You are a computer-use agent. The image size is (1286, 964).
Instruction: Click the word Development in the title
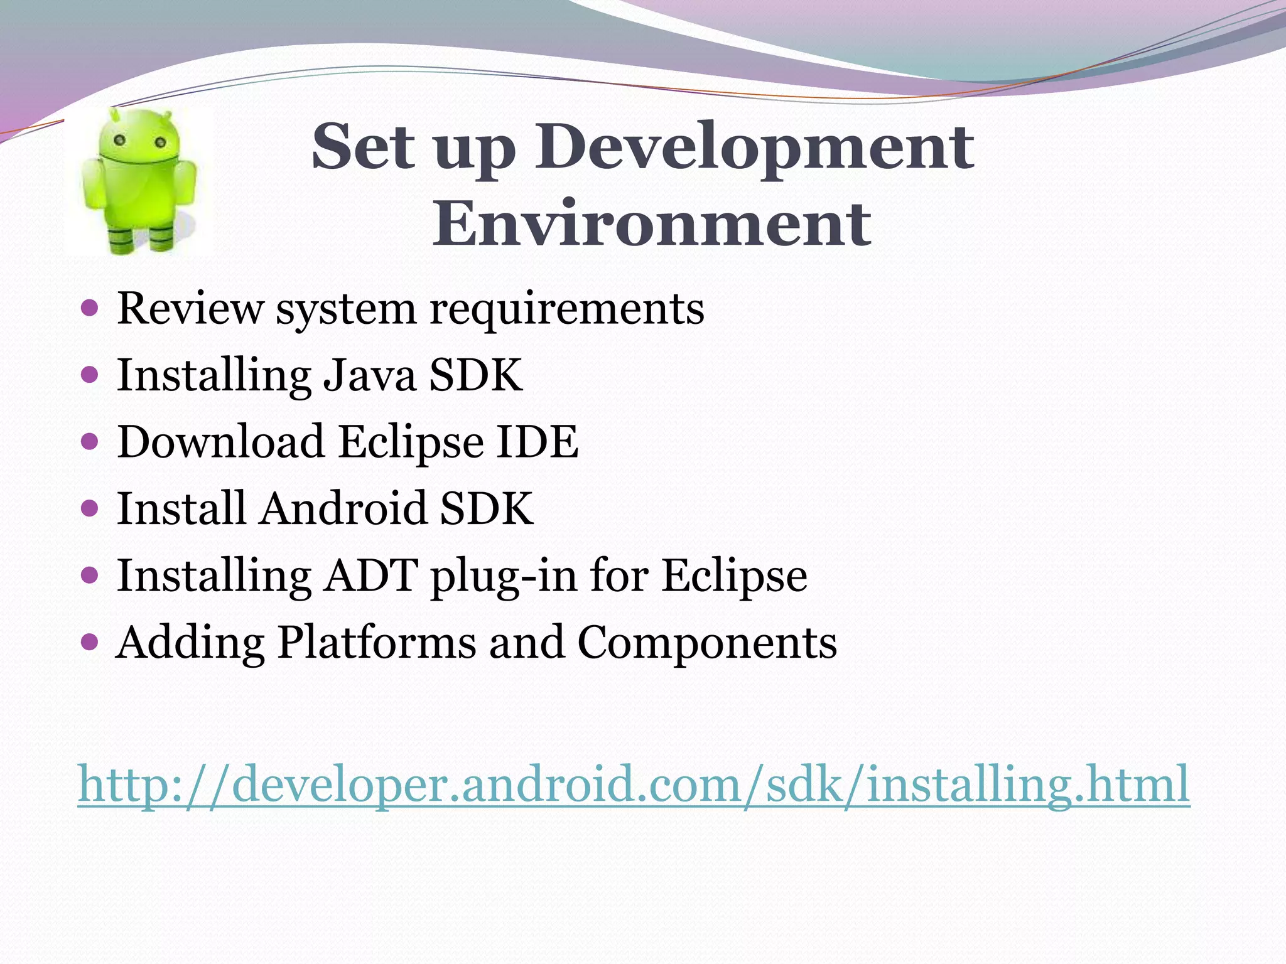tap(754, 147)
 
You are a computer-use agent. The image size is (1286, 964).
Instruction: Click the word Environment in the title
tap(651, 223)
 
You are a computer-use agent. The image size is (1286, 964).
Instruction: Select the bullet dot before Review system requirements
tap(90, 308)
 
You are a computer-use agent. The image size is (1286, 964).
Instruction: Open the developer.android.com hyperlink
tap(634, 785)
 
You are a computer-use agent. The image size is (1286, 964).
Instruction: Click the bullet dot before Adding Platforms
tap(90, 642)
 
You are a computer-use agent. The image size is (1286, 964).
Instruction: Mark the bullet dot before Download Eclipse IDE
tap(90, 442)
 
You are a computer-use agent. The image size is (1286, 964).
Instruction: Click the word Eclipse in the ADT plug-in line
tap(734, 576)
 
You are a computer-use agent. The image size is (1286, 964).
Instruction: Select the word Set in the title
tap(363, 147)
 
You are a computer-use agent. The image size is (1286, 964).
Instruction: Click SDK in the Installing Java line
tap(475, 375)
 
